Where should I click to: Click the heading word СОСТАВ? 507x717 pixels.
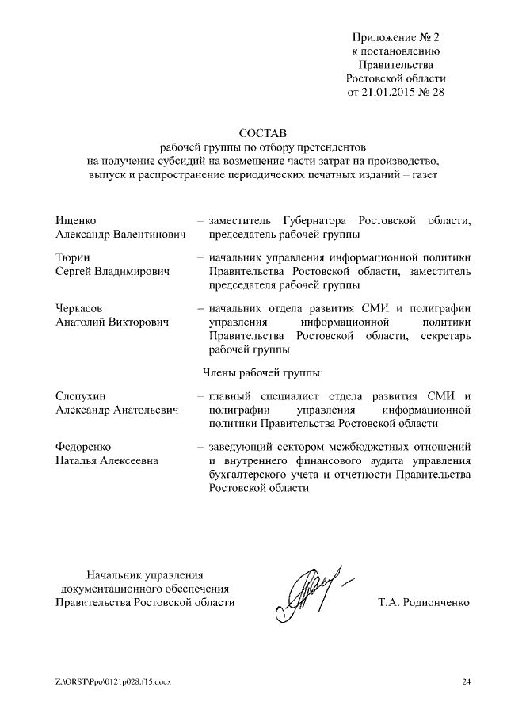[261, 132]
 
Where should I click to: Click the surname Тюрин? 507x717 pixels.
[73, 257]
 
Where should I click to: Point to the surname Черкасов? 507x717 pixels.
[80, 307]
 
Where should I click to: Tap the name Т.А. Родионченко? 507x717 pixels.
[425, 603]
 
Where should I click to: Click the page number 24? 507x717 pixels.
[466, 682]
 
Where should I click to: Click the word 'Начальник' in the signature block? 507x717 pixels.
[114, 574]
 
